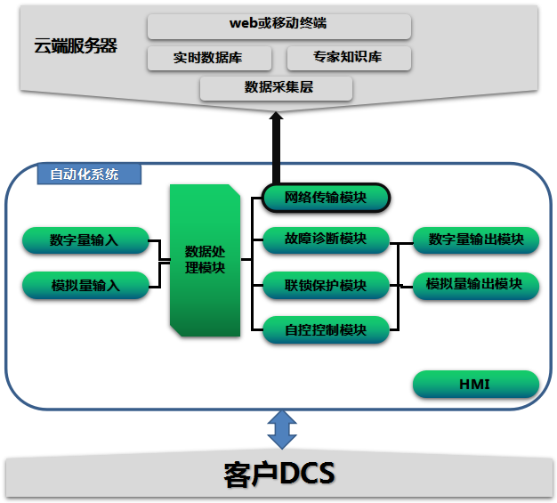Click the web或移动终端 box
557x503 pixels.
278,27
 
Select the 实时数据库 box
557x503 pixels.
209,59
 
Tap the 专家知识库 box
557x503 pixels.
349,59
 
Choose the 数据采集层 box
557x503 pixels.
277,87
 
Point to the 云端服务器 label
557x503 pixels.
76,45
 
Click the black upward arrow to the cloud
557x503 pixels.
276,147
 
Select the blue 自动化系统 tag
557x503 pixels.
89,174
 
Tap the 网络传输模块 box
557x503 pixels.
326,198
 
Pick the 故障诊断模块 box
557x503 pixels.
326,239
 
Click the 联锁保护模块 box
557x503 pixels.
326,286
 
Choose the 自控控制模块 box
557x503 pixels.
326,329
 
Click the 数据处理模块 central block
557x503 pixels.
205,260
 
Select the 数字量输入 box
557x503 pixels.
85,240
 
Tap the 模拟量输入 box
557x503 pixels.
85,286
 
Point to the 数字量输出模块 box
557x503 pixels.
475,240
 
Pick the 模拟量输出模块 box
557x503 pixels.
475,285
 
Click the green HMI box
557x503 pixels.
475,385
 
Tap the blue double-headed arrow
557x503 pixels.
282,430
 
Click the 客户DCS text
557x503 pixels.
278,474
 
